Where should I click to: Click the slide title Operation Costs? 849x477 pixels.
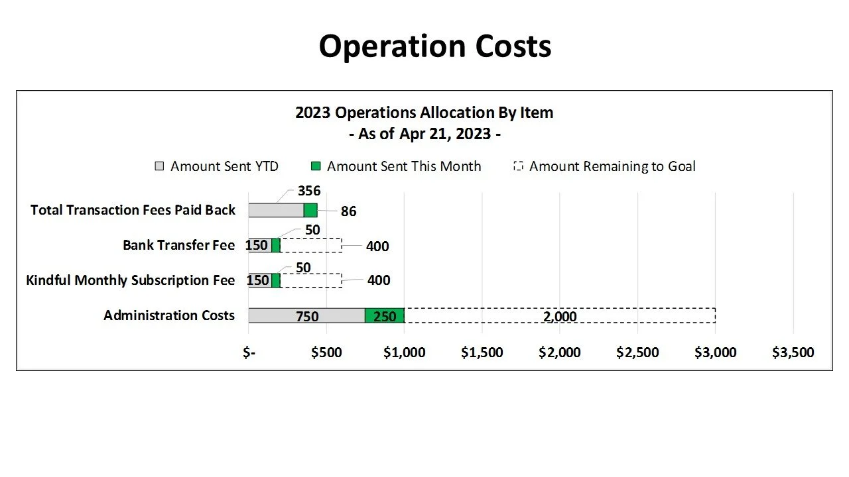pos(434,46)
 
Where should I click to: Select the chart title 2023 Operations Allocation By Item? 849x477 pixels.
pos(424,113)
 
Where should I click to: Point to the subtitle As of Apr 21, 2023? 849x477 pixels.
pos(424,134)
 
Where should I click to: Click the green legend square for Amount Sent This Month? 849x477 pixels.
pos(316,166)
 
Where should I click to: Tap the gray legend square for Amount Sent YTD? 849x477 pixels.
pos(159,166)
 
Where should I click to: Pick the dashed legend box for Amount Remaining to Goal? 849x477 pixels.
pos(519,166)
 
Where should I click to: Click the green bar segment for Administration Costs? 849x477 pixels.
pos(385,316)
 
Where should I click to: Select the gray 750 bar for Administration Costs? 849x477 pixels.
pos(306,316)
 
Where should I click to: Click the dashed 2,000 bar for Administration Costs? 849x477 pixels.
pos(560,316)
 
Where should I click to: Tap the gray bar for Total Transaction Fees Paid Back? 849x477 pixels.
pos(276,211)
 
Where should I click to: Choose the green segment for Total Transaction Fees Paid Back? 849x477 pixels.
pos(310,211)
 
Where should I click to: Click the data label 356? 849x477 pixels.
pos(309,191)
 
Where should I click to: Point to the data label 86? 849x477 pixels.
pos(348,211)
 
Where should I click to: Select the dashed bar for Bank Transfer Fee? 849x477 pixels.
pos(311,246)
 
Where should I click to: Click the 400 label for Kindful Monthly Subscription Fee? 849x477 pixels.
pos(379,280)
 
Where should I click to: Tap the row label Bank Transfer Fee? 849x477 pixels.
pos(178,245)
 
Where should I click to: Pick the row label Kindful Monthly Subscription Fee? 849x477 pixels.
pos(130,280)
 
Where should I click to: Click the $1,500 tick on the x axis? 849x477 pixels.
pos(482,352)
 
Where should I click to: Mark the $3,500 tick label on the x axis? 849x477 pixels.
pos(793,352)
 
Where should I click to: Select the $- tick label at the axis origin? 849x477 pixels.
pos(249,352)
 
